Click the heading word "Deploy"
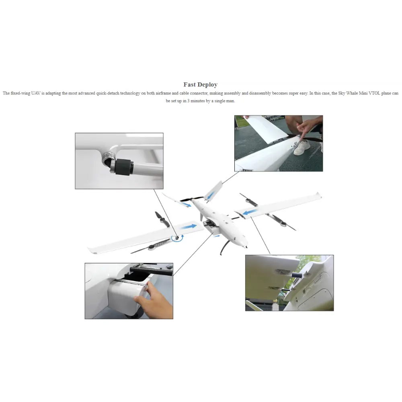pyautogui.click(x=207, y=84)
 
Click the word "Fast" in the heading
pyautogui.click(x=189, y=84)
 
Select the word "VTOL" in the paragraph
pyautogui.click(x=374, y=93)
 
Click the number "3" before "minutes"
pyautogui.click(x=189, y=101)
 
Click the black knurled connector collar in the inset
pyautogui.click(x=123, y=167)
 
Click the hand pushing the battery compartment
pyautogui.click(x=154, y=300)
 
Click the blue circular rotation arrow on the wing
pyautogui.click(x=177, y=238)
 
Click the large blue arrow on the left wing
pyautogui.click(x=189, y=227)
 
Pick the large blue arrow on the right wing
pyautogui.click(x=250, y=212)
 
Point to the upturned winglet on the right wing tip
pyautogui.click(x=318, y=195)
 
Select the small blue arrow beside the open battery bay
pyautogui.click(x=217, y=236)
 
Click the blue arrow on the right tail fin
pyautogui.click(x=211, y=196)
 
